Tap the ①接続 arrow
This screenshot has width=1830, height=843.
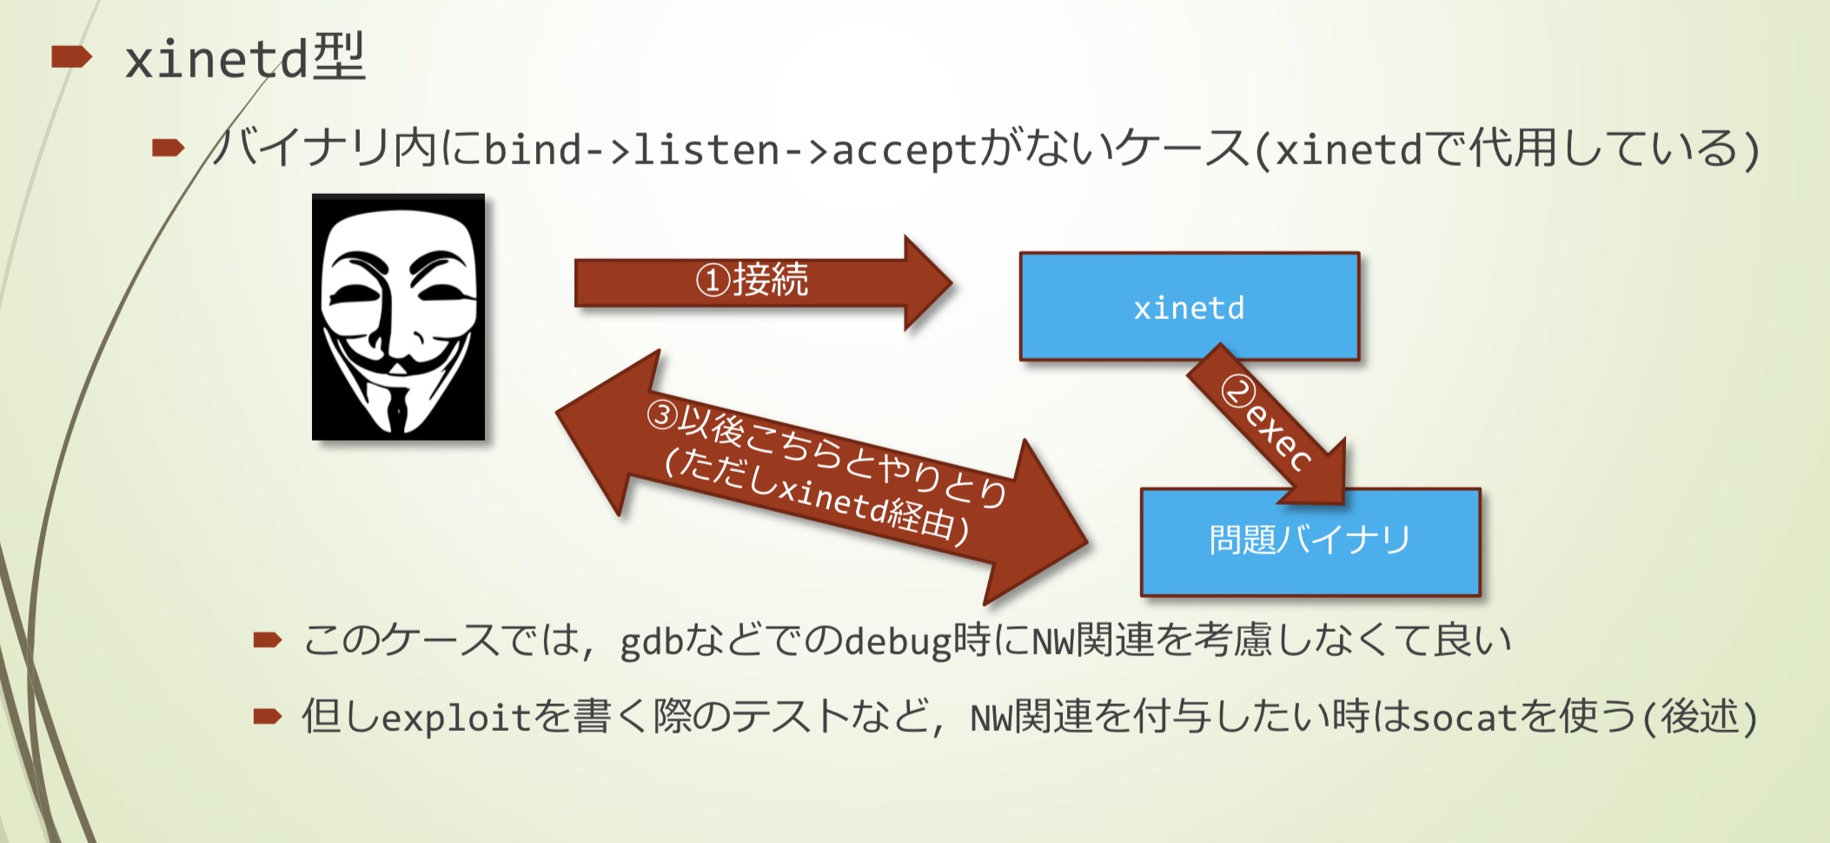[x=756, y=282]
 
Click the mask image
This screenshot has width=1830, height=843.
[x=398, y=317]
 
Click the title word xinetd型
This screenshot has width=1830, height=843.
[x=245, y=59]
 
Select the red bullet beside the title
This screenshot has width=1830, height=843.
[x=71, y=58]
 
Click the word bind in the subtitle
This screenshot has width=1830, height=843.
[x=532, y=149]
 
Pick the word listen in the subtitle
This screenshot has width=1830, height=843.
[x=706, y=149]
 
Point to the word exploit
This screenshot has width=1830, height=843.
[x=455, y=718]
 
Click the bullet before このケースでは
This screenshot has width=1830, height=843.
[x=267, y=641]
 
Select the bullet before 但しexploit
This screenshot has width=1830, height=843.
[x=267, y=717]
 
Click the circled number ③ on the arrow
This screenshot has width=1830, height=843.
[x=662, y=415]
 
